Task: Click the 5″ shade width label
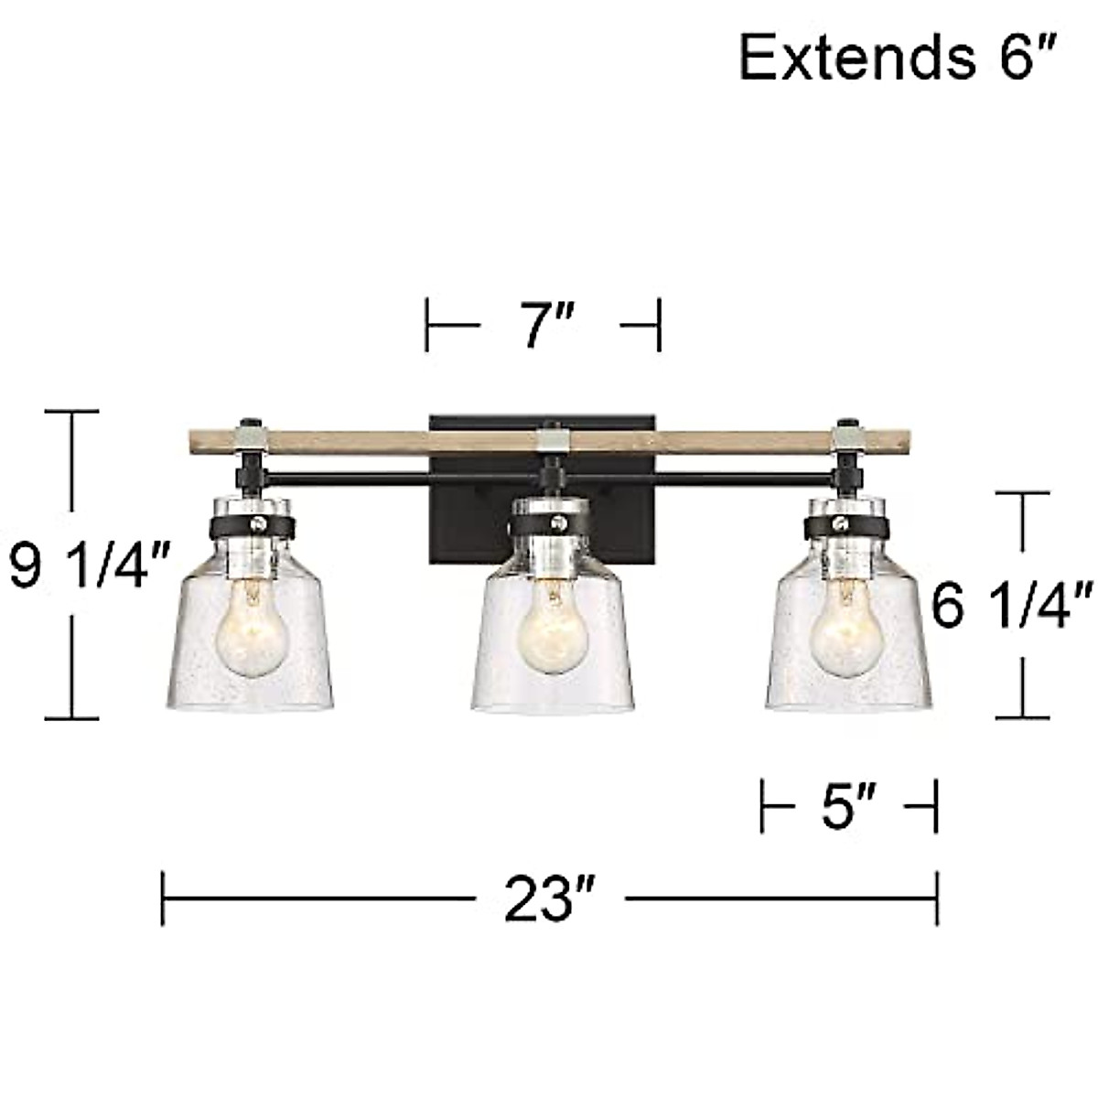[x=848, y=806]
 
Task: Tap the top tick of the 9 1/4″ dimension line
[x=71, y=413]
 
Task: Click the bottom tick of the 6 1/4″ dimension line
[x=1021, y=717]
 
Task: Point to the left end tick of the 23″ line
[x=163, y=899]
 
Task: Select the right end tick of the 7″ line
[x=658, y=325]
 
